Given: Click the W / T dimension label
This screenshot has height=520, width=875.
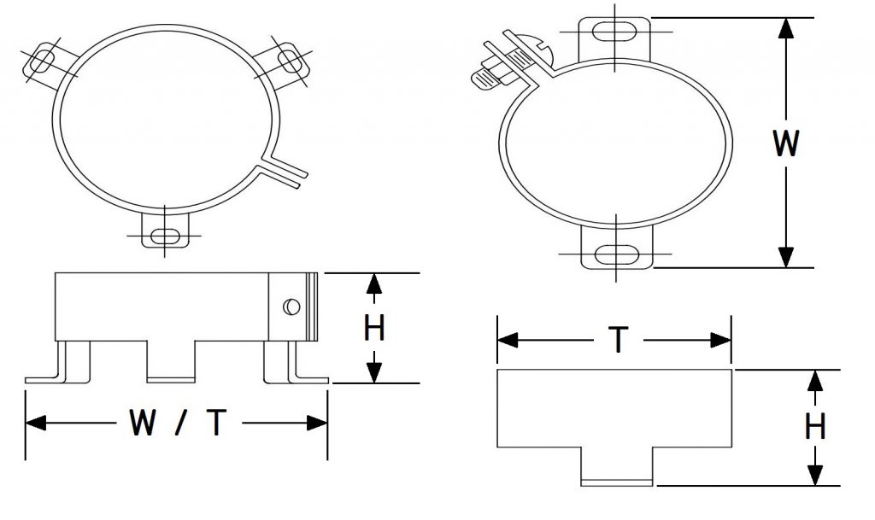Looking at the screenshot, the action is click(178, 423).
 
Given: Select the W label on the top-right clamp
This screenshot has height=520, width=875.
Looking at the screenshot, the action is click(786, 143).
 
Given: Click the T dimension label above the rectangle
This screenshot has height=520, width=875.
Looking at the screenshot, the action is click(619, 340).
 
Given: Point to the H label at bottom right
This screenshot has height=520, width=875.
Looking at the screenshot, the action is click(815, 427).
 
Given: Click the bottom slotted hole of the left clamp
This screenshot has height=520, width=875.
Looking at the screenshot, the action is click(165, 237).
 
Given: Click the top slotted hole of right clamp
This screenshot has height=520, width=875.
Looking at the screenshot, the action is click(614, 32).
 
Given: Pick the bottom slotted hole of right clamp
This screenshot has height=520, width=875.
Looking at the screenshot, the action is click(617, 254).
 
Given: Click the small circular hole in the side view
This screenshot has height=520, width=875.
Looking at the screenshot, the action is click(291, 307).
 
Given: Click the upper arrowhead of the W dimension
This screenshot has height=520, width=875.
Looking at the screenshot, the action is click(786, 28).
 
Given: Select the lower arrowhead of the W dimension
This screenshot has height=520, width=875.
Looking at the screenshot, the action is click(786, 258).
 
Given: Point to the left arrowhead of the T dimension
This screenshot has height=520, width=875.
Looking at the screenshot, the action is click(508, 340).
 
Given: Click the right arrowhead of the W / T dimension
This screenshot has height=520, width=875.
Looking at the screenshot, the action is click(317, 423).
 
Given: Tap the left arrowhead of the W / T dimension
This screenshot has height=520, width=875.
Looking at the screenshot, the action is click(36, 423).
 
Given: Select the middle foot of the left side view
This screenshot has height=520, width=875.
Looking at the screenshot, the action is click(171, 361).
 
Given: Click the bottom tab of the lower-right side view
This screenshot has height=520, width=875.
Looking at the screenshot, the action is click(617, 466).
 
